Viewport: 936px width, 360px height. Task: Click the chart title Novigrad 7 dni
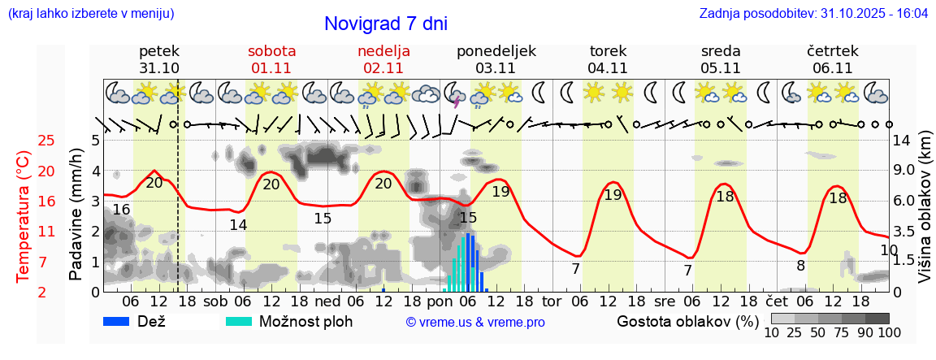(385, 24)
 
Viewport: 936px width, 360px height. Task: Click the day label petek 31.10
(159, 59)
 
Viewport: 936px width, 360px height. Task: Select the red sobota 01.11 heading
(271, 59)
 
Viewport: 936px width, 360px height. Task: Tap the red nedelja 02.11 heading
(383, 59)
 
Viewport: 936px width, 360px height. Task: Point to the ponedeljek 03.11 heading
(496, 59)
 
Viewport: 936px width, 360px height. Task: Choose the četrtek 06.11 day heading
(832, 59)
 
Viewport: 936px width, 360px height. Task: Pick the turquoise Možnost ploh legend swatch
(240, 321)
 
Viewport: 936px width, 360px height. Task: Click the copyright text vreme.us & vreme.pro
(475, 323)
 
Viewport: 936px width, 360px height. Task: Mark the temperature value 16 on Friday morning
(121, 210)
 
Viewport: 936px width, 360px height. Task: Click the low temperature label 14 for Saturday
(238, 225)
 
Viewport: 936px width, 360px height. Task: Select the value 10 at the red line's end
(889, 249)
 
